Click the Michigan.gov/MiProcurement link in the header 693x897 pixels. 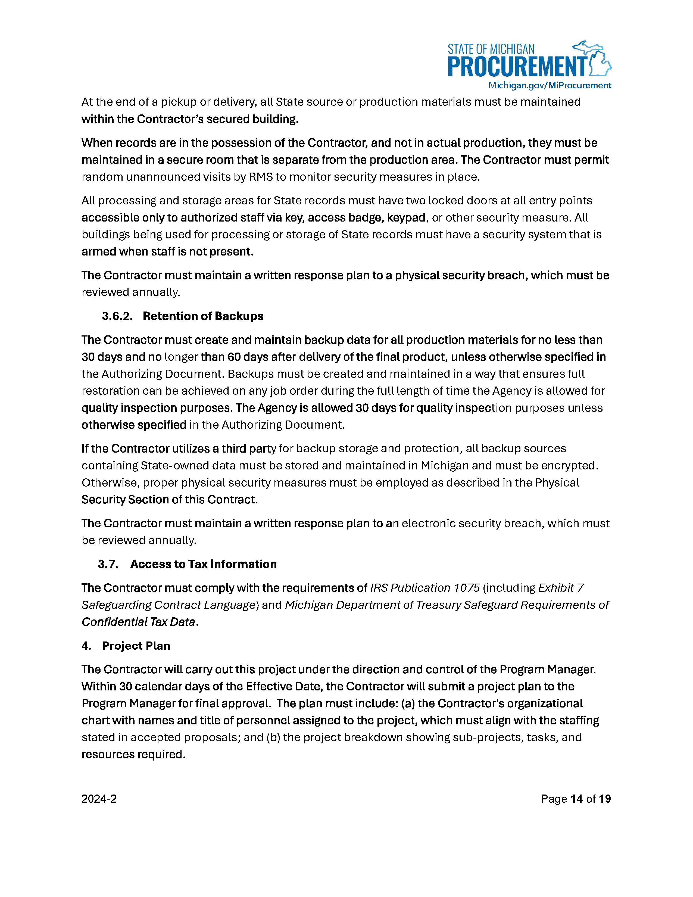point(549,85)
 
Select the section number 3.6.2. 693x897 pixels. point(117,316)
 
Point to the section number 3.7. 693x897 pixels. point(108,564)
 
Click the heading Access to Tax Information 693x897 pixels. point(203,564)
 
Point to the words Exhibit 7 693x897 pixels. point(561,588)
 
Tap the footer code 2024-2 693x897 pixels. point(99,799)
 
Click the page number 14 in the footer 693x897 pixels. point(576,799)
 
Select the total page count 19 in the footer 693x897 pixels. point(605,799)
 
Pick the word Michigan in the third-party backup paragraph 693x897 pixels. point(445,466)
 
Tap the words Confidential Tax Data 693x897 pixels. point(138,622)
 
